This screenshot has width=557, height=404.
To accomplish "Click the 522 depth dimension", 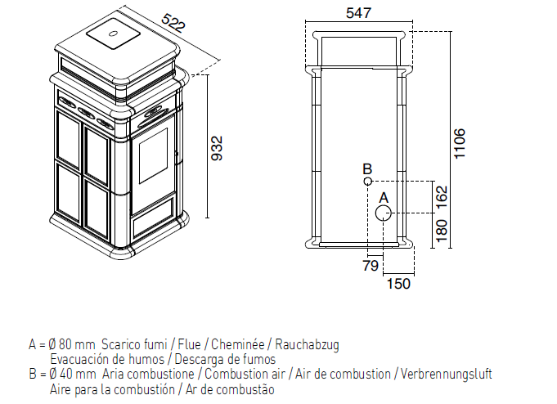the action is pos(173,23).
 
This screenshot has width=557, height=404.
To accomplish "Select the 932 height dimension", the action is pos(217,148).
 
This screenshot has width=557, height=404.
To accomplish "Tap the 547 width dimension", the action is pos(358,13).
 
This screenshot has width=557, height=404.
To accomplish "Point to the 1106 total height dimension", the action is pos(459,144).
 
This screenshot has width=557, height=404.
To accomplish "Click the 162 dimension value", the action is pos(442,199).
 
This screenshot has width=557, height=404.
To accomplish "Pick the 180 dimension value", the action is pos(441,231).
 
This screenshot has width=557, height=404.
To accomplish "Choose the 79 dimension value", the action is pos(371,266).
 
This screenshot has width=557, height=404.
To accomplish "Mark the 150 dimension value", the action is pos(398,284).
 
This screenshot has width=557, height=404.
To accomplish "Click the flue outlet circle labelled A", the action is pos(384,213).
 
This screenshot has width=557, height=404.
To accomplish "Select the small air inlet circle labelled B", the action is pos(368,182).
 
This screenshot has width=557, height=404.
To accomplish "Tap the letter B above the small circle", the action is pos(367,168).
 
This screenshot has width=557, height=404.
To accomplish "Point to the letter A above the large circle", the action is pos(384,198).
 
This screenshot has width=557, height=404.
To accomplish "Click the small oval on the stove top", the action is pos(114,34).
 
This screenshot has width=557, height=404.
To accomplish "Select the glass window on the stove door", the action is pos(153,156).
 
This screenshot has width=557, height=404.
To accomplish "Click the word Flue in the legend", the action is pos(189,344).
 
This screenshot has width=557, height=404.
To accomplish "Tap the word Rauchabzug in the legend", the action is pos(307,344).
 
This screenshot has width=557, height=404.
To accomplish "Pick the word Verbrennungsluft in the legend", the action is pos(446,374).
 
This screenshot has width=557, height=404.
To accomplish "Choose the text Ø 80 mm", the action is pos(71,344).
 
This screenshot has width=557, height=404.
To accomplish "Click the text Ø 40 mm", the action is pos(72,374).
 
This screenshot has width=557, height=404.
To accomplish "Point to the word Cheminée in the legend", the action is pos(238,344).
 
